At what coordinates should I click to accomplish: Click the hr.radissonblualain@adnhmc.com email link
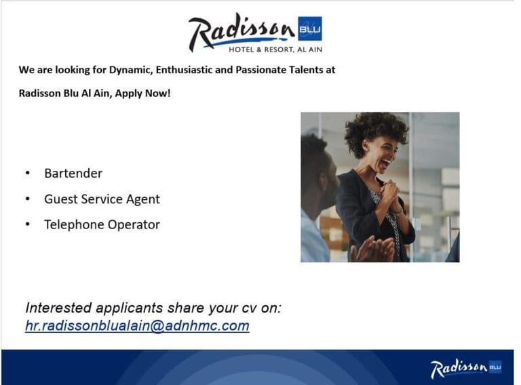pyautogui.click(x=137, y=325)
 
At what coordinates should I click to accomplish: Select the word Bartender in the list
pyautogui.click(x=73, y=174)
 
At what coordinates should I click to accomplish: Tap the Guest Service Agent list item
pyautogui.click(x=102, y=199)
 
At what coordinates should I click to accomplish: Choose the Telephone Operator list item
pyautogui.click(x=102, y=224)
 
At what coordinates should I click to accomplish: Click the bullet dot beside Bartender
pyautogui.click(x=27, y=174)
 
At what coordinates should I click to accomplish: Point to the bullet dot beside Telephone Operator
pyautogui.click(x=27, y=224)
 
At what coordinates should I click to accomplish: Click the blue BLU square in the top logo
pyautogui.click(x=309, y=28)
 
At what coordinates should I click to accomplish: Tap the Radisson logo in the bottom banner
pyautogui.click(x=465, y=368)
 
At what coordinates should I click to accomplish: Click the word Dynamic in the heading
pyautogui.click(x=131, y=70)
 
